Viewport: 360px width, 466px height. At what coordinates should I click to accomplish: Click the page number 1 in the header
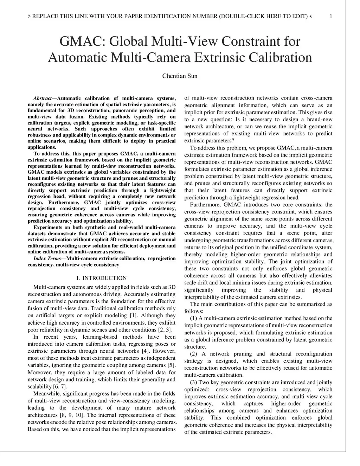331,16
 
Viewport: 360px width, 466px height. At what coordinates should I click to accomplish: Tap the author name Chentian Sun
180,76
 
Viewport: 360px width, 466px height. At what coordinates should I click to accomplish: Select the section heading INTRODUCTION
104,278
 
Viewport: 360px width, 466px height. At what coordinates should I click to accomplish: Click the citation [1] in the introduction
134,315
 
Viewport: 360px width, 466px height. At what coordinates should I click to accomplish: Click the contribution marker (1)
194,318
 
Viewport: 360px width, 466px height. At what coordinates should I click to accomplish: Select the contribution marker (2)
194,354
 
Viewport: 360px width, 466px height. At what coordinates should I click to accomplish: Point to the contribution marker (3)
194,382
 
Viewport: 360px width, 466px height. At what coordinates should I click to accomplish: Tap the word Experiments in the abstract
47,228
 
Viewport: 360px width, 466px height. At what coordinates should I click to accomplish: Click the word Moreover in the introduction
39,372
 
